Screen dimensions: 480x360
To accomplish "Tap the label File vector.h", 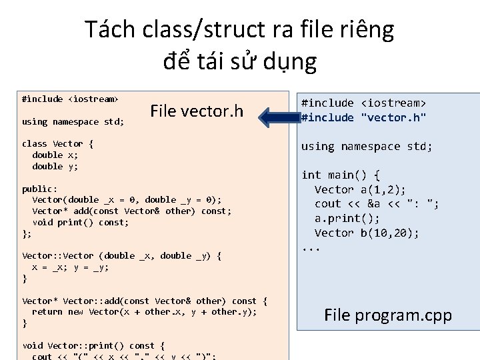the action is click(197, 111).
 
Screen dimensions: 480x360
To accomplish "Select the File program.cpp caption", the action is click(387, 315).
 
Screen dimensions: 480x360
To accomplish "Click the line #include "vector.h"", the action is click(363, 117).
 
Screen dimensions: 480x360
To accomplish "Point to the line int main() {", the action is click(341, 175).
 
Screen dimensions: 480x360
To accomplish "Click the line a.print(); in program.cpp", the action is click(347, 218).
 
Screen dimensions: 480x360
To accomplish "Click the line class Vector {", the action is click(58, 143).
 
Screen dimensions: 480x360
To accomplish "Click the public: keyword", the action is click(40, 189).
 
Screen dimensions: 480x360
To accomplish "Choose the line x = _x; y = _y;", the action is click(71, 267).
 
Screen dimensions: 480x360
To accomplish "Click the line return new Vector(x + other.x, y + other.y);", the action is click(144, 311).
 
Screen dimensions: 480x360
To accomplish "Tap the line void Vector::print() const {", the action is click(93, 345).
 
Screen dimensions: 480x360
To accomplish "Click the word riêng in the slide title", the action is click(365, 29).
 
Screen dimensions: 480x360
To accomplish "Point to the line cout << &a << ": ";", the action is click(377, 203).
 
